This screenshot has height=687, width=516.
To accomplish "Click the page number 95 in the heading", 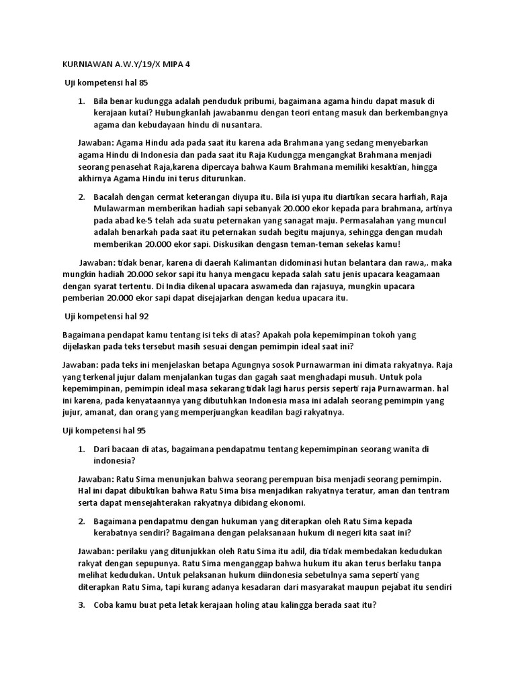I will click(138, 429).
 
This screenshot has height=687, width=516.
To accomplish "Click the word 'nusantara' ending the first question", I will click(240, 125).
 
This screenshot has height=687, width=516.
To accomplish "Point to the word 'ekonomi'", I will click(286, 503).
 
